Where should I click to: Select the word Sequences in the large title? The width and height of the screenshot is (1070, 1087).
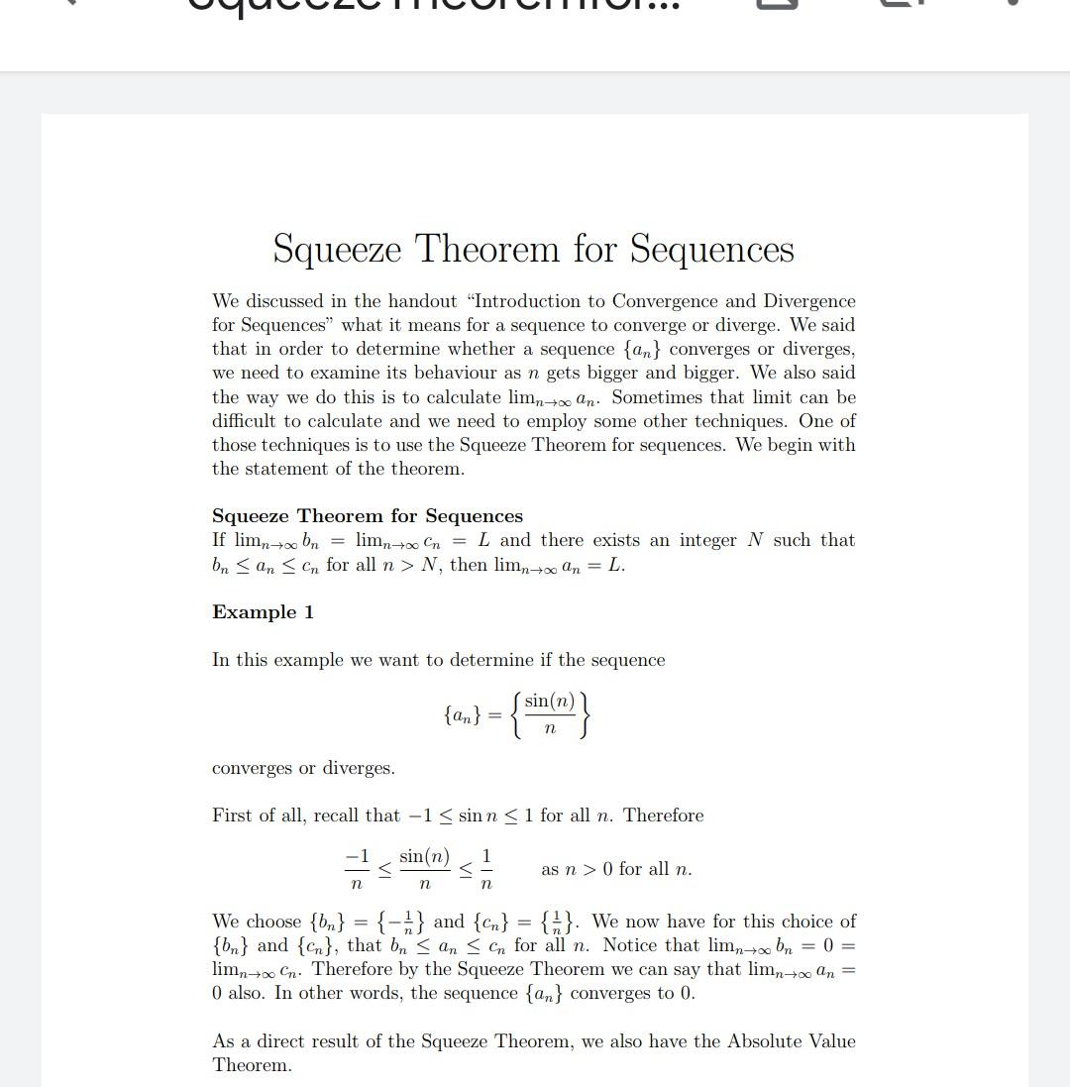point(711,249)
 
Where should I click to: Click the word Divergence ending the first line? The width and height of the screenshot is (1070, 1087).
point(808,301)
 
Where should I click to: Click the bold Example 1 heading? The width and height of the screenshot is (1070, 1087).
point(263,612)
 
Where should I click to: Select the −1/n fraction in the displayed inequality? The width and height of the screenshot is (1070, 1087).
point(357,869)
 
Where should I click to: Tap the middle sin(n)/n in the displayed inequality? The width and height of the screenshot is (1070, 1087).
point(424,869)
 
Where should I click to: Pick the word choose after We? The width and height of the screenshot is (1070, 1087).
point(273,922)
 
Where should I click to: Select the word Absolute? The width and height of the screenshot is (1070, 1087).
point(777,1041)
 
